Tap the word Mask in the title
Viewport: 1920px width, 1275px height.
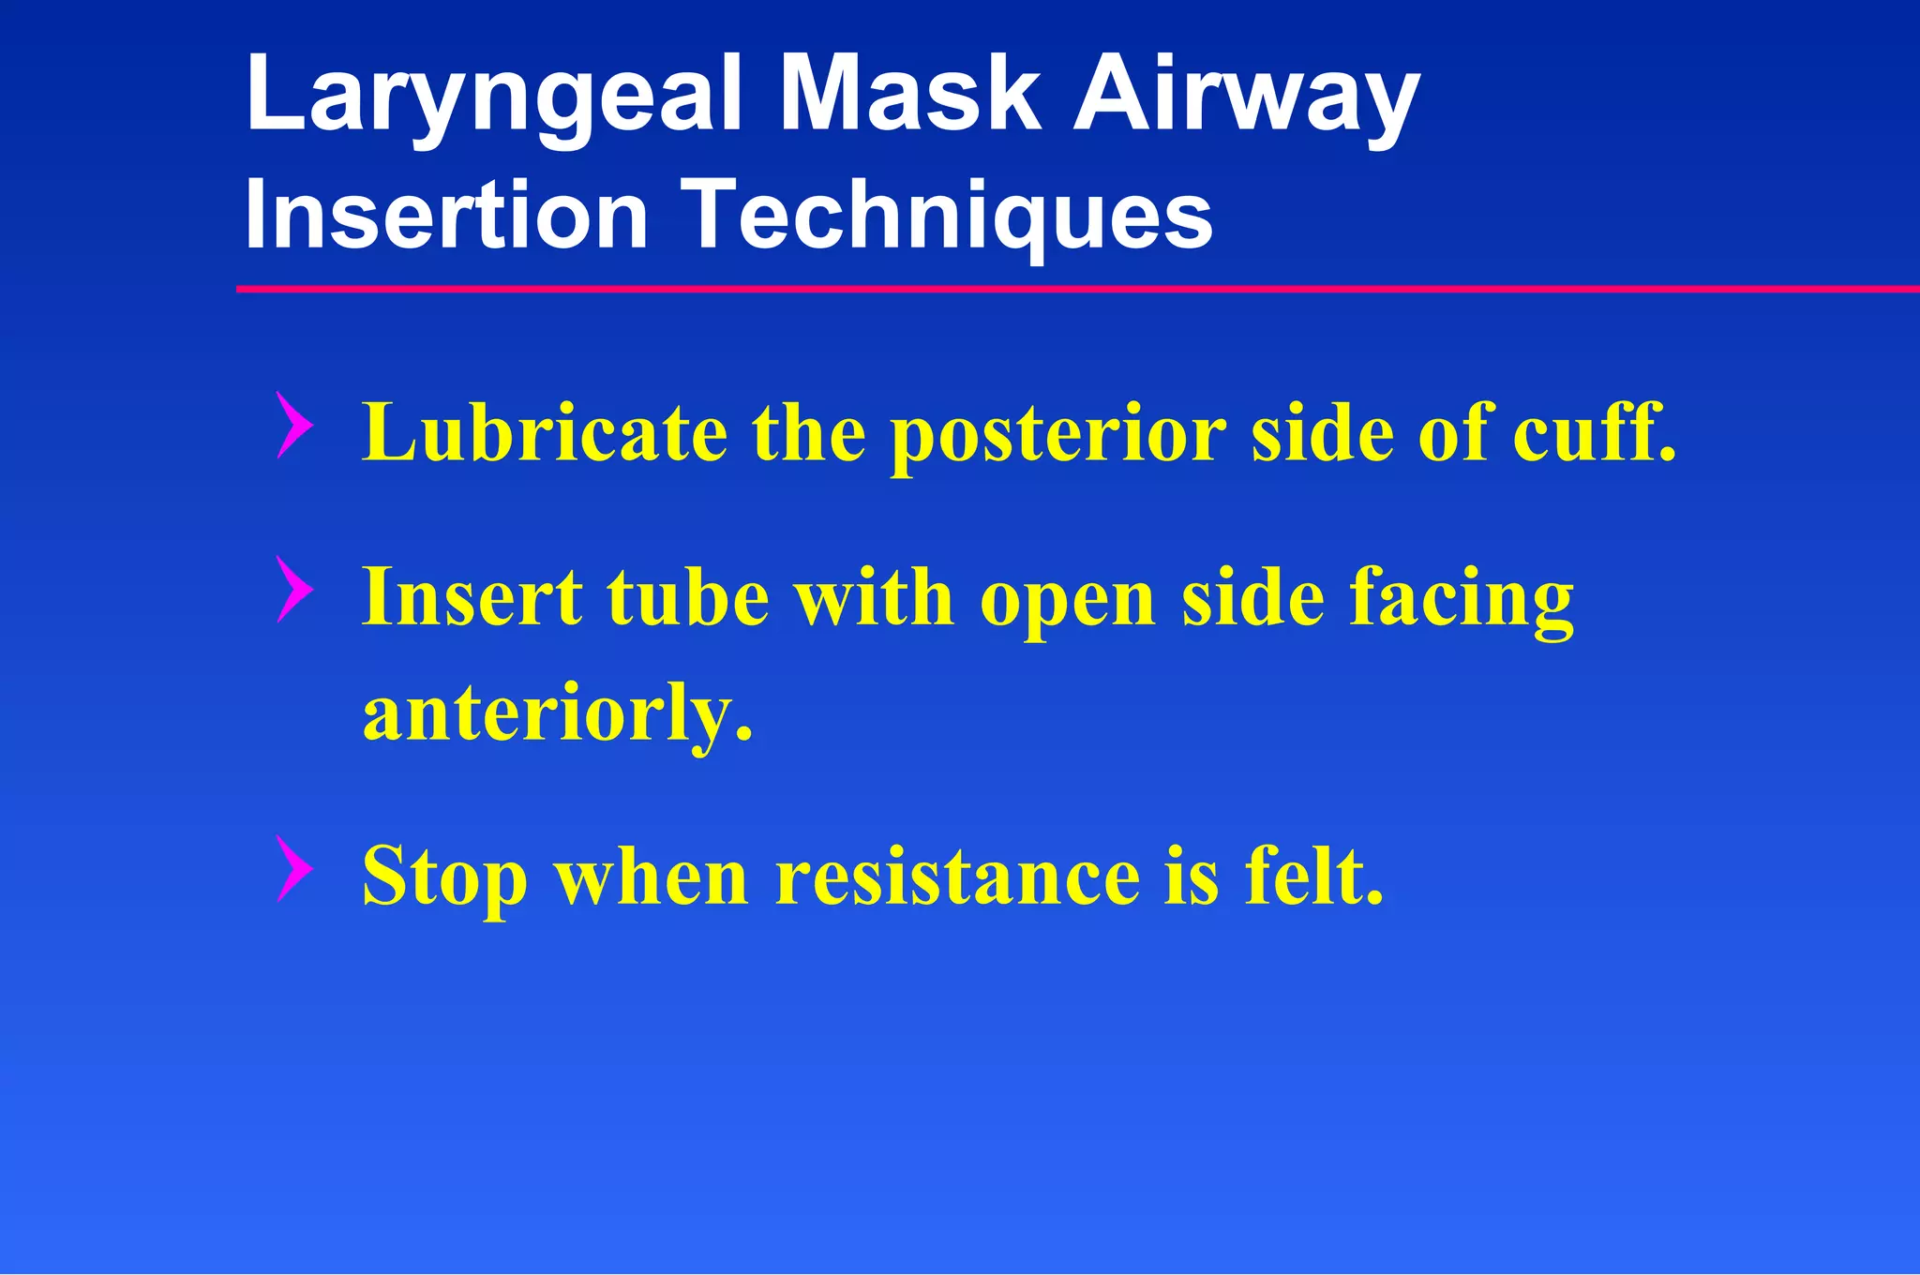click(x=910, y=93)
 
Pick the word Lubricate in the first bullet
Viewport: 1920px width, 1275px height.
click(x=545, y=432)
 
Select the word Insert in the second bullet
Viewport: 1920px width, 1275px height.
click(x=472, y=597)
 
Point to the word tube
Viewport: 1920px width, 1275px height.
click(x=688, y=597)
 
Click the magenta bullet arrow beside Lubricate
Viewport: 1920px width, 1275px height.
click(x=294, y=426)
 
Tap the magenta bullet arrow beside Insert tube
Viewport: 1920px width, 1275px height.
click(x=294, y=590)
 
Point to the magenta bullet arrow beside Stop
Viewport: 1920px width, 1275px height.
click(x=294, y=869)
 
